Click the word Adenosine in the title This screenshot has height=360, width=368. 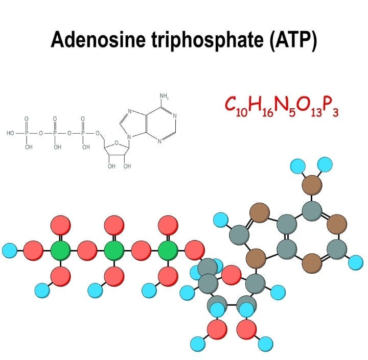[98, 39]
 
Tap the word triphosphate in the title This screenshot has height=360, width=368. [207, 40]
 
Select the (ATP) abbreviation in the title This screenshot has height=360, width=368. [293, 40]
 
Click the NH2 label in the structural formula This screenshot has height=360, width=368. [164, 96]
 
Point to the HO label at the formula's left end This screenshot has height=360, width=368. [10, 133]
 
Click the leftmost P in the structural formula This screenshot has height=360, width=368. [27, 133]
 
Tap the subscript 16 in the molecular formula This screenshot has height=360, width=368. [268, 112]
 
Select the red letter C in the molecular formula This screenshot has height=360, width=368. [231, 104]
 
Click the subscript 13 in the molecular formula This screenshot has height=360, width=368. [316, 112]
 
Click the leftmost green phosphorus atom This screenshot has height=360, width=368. [60, 251]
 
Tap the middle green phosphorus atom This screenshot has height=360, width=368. [114, 251]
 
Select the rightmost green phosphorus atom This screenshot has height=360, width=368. [168, 251]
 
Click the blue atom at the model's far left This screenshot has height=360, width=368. [10, 251]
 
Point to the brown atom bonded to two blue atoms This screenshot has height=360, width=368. [312, 185]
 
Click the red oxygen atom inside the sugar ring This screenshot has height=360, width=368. [232, 275]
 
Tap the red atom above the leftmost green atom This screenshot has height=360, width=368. [60, 225]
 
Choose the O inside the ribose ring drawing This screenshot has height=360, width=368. [116, 142]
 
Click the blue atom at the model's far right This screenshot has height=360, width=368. [356, 262]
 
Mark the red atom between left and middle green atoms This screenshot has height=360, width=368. [87, 251]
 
